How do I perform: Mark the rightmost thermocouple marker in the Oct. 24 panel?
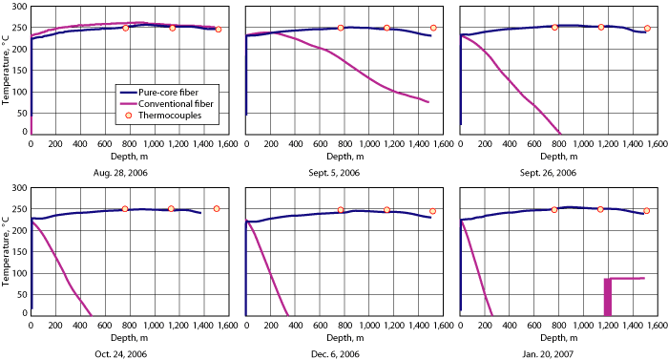[217, 208]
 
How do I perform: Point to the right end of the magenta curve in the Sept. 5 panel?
[428, 102]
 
